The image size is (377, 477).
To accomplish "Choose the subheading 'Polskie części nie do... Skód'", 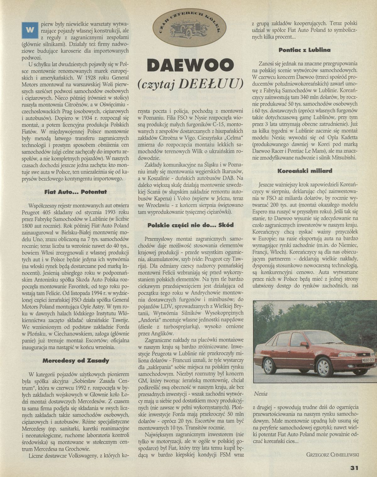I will pyautogui.click(x=191, y=225).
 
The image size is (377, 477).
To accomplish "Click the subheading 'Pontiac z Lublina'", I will pyautogui.click(x=304, y=50).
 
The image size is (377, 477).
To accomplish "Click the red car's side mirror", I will pyautogui.click(x=304, y=344).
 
